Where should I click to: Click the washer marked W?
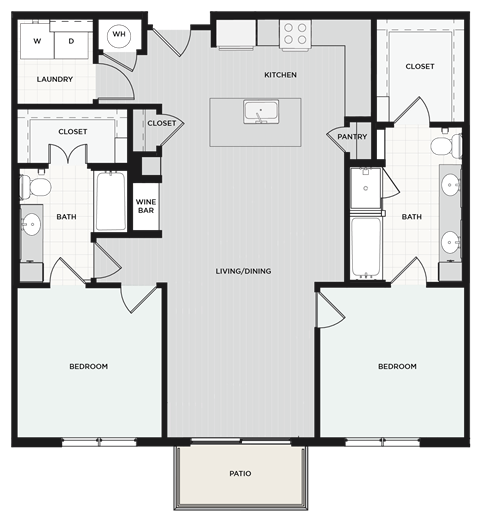click(x=37, y=41)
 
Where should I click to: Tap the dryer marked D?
click(x=71, y=41)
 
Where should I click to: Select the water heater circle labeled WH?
click(x=119, y=35)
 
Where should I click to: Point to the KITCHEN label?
click(x=280, y=75)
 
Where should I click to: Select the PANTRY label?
click(x=353, y=137)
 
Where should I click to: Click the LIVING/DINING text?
click(x=244, y=271)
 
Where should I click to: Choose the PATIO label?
click(x=239, y=474)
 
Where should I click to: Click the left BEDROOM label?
click(x=88, y=367)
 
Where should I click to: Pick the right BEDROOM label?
click(x=396, y=367)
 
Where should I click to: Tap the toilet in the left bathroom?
click(x=38, y=186)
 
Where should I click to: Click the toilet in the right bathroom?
click(x=442, y=146)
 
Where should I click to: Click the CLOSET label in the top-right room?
click(x=420, y=66)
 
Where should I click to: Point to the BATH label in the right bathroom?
click(x=410, y=217)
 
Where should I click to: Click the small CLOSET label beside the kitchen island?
click(x=161, y=123)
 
